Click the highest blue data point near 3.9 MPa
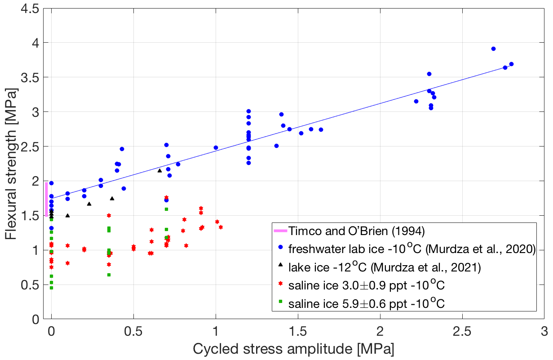493,49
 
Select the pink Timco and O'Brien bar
46,199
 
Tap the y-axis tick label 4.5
30,8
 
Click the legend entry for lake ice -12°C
385,268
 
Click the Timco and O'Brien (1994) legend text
350,231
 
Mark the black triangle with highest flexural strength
159,170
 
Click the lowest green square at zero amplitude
52,288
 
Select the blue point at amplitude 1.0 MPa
216,147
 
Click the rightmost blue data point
511,64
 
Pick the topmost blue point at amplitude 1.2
248,111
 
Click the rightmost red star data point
221,227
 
